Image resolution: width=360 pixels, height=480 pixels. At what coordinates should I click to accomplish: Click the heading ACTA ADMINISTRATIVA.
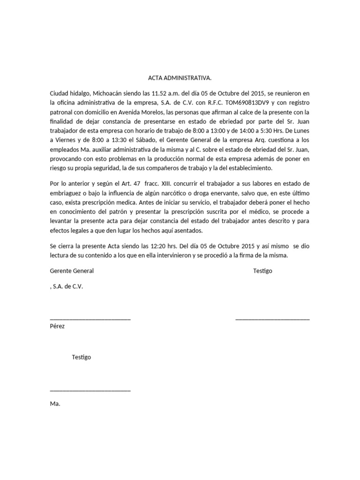pos(180,78)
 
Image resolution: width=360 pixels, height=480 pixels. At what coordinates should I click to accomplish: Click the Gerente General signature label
pos(71,271)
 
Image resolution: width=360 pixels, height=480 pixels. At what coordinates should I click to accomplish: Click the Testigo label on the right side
pos(262,271)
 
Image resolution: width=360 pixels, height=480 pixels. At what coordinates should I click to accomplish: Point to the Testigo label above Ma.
pos(82,357)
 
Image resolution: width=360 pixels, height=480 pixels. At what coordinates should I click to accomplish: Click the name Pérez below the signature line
pos(57,326)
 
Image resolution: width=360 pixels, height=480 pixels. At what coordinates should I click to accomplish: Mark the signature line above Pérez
pos(90,319)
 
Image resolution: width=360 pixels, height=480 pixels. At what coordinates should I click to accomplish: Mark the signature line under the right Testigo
pos(272,319)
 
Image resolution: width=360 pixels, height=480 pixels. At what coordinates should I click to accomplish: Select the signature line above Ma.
pos(90,390)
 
